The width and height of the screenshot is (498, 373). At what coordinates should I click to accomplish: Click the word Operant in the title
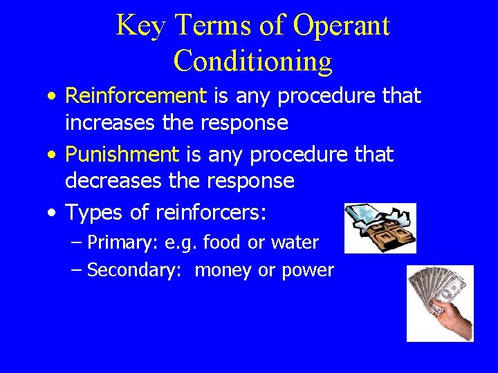[341, 26]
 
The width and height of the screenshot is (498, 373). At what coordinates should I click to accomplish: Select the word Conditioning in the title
[252, 61]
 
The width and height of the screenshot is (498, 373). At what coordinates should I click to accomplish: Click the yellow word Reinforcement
[136, 97]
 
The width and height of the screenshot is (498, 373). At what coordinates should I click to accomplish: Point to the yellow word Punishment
[122, 154]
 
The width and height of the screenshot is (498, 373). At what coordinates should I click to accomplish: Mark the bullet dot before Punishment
[54, 155]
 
